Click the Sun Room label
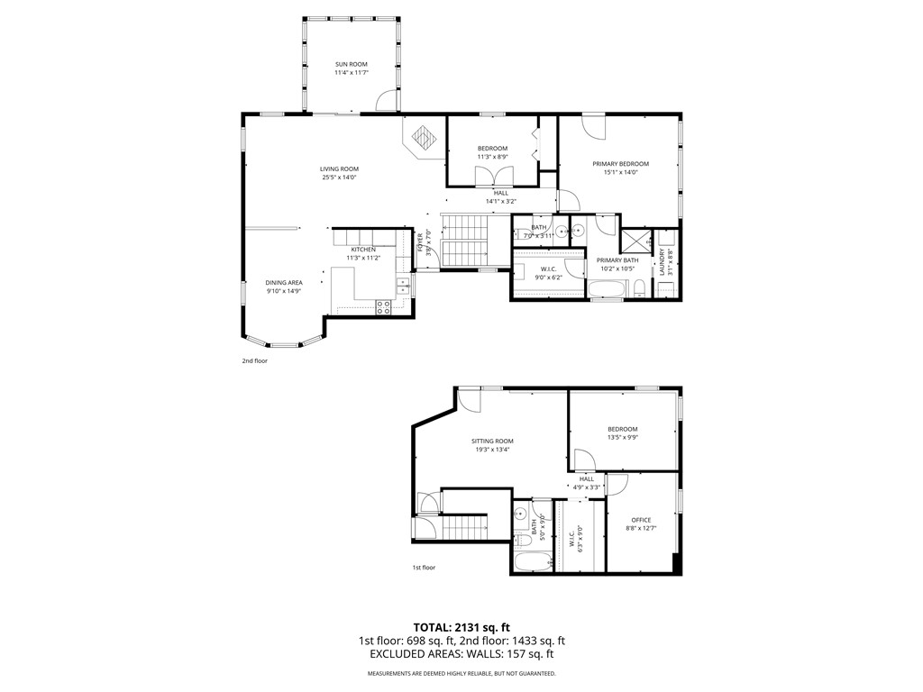(x=351, y=65)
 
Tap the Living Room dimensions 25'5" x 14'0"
(x=339, y=178)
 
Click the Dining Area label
(x=283, y=283)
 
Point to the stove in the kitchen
(x=383, y=305)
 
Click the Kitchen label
(x=363, y=250)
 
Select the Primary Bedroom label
(x=620, y=164)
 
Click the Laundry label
(x=662, y=261)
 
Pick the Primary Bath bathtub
(x=609, y=289)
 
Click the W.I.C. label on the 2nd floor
(x=548, y=269)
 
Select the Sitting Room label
(x=492, y=442)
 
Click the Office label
(x=641, y=520)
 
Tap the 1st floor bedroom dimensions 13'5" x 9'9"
(x=622, y=438)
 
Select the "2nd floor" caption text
(x=254, y=360)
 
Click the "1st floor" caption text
(x=424, y=568)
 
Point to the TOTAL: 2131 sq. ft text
(x=461, y=627)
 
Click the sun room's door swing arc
(x=386, y=99)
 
